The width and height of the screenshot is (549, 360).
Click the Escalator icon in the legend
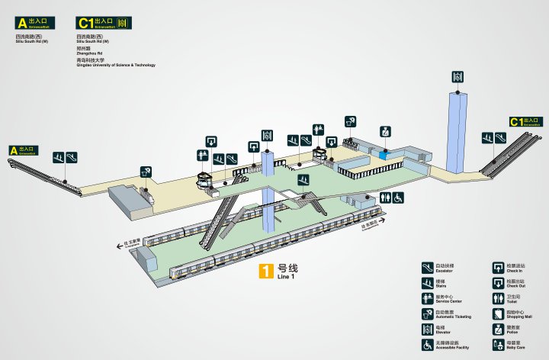(428, 267)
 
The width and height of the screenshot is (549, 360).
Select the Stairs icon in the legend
(428, 282)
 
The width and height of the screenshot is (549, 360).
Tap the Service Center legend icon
(428, 297)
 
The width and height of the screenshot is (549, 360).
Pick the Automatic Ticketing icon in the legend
(428, 313)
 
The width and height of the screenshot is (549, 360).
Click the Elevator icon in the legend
(428, 329)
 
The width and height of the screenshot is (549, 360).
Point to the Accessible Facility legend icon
(428, 345)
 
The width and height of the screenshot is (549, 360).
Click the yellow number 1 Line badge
(266, 271)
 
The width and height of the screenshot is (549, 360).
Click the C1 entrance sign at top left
(103, 24)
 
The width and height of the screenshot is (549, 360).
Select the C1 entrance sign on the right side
(526, 121)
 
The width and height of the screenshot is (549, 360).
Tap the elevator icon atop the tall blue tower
(458, 76)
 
